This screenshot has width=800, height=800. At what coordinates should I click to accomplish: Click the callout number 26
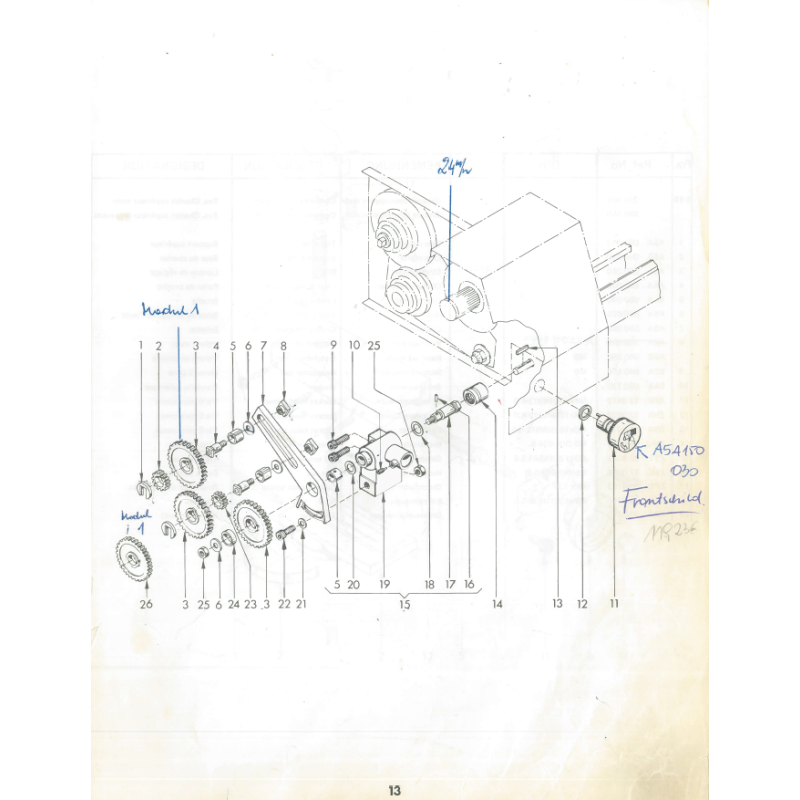146,603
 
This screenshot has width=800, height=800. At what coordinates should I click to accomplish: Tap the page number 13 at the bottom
395,790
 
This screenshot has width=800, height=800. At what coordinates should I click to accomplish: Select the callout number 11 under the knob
614,603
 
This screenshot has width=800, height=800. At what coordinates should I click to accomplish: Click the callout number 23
250,603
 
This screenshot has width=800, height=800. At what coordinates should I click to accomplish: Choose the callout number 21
302,603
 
